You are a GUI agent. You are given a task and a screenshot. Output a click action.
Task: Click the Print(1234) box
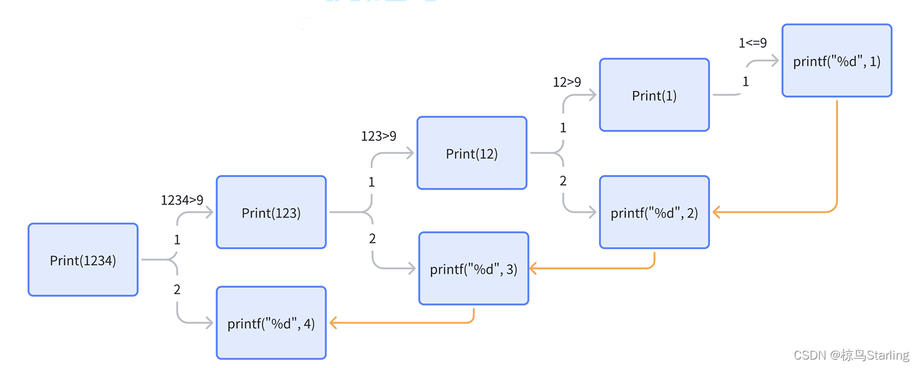coord(83,260)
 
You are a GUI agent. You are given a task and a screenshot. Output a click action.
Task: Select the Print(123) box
coord(271,212)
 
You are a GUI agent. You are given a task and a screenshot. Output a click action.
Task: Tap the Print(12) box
coord(472,153)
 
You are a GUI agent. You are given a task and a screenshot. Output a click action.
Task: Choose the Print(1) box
coord(654,95)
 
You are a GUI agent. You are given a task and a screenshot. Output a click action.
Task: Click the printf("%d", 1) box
coord(837,60)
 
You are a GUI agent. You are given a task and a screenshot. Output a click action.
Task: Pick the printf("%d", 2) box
coord(654,212)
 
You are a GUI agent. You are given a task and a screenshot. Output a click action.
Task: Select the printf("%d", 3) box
coord(474,268)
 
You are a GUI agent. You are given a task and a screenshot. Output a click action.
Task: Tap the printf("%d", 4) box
coord(271,323)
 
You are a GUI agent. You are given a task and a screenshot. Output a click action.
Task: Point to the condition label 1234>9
coord(182,200)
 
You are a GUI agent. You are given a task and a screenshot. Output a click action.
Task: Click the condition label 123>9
coord(378,136)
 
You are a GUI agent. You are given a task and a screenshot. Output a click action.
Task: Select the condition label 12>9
coord(567,82)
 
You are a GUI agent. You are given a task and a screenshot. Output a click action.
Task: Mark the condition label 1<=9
coord(753,43)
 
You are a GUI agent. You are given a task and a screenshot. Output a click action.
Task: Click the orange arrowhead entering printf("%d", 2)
coord(717,212)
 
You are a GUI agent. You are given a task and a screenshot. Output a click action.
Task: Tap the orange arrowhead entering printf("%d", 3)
coord(533,268)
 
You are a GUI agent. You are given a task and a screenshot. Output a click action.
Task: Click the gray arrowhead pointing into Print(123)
coord(210,212)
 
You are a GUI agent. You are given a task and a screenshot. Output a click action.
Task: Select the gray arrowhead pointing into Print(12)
coord(410,153)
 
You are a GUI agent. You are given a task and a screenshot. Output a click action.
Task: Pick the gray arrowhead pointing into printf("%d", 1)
coord(775,61)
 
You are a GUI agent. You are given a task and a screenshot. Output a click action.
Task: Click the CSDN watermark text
coord(852,355)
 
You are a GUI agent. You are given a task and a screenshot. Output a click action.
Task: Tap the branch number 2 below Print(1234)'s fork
coord(177,289)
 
